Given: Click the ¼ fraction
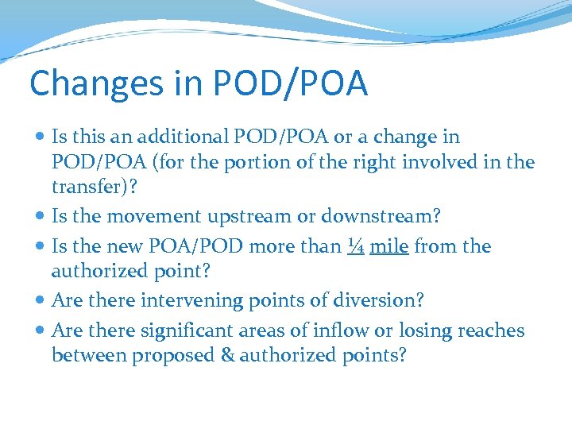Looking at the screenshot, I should (x=355, y=246).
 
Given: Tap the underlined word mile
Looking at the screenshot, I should (x=389, y=246).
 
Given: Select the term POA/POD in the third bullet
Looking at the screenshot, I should (x=198, y=246).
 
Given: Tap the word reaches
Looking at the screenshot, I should (x=487, y=330).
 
